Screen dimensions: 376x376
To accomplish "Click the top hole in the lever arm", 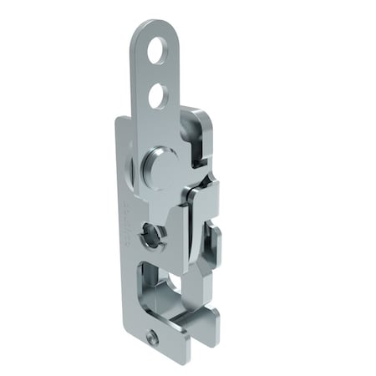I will pos(156,55).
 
